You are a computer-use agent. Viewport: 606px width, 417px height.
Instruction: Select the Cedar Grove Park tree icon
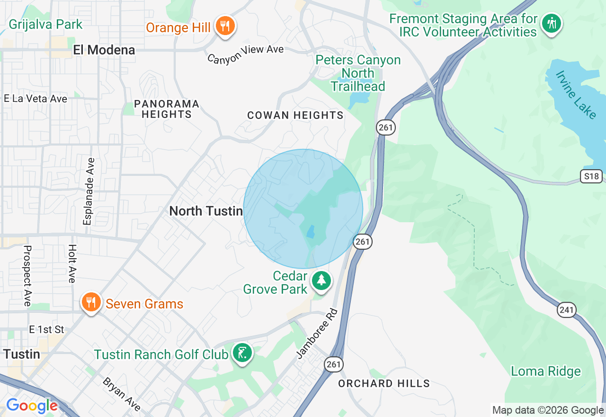pos(321,281)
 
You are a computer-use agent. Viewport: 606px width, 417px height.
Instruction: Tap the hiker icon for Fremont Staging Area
pos(551,23)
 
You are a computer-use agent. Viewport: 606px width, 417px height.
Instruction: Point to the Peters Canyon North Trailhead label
pos(358,73)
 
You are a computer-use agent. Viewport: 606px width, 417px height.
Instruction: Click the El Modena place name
pos(104,50)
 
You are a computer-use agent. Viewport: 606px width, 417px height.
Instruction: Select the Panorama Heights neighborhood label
pos(166,109)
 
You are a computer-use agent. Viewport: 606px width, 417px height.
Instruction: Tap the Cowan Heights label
pos(295,115)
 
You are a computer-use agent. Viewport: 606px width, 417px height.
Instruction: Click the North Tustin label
pos(206,211)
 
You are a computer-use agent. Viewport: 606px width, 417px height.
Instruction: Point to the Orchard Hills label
pos(384,383)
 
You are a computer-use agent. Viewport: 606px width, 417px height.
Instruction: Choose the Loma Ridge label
pos(546,371)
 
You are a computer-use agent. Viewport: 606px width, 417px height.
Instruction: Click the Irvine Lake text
pos(576,95)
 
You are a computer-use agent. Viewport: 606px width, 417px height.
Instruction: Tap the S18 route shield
pos(591,177)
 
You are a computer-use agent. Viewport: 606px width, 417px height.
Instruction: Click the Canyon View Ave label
pos(245,54)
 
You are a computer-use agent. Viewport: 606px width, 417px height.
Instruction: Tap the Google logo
pos(32,406)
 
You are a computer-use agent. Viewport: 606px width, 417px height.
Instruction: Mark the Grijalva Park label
pos(45,24)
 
